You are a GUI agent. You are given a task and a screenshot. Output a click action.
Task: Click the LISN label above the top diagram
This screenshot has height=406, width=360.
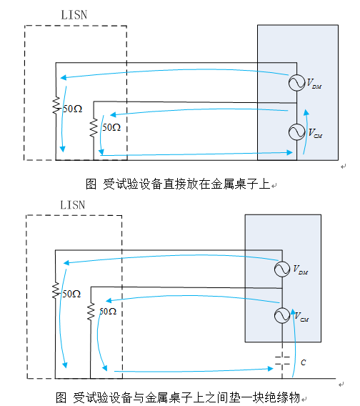(74, 15)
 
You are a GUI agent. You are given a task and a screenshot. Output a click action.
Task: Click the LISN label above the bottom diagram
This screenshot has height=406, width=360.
(73, 205)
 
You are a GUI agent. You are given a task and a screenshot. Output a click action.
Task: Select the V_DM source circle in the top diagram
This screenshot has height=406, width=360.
(297, 83)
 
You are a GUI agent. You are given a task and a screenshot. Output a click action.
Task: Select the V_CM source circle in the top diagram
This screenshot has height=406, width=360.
(297, 132)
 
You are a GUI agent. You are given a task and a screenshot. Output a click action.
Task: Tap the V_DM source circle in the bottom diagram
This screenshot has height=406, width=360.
(282, 269)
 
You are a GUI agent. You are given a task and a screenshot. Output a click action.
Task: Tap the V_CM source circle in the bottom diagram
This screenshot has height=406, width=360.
(282, 315)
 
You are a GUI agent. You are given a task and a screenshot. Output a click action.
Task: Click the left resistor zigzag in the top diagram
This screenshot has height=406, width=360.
(56, 105)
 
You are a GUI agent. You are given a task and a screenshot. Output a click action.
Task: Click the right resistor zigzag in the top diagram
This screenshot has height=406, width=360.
(94, 127)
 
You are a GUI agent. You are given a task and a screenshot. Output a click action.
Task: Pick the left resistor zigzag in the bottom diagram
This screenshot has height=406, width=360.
(56, 290)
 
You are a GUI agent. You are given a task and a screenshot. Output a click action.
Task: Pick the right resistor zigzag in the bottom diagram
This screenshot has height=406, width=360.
(91, 312)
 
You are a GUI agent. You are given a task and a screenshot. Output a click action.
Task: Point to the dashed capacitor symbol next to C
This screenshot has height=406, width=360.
(282, 360)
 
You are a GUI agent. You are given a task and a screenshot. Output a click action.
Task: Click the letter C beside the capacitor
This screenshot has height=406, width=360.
(304, 362)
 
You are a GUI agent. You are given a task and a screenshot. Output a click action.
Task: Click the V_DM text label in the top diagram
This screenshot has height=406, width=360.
(314, 84)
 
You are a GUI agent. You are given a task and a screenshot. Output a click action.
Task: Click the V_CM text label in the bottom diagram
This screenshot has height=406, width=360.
(301, 317)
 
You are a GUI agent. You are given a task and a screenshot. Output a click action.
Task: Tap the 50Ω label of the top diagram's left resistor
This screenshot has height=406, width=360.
(73, 109)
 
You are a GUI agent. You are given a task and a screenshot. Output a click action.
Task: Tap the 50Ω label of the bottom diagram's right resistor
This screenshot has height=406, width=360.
(108, 311)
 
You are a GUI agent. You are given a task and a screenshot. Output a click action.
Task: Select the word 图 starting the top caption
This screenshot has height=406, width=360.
(91, 184)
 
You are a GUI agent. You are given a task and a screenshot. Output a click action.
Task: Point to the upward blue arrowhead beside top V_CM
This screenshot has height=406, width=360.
(306, 112)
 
